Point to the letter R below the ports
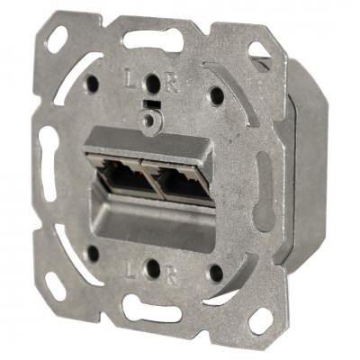pyautogui.click(x=172, y=272)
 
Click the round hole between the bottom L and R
pyautogui.click(x=152, y=268)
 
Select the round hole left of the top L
pyautogui.click(x=92, y=83)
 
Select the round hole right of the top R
pyautogui.click(x=216, y=94)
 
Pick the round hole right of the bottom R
pyautogui.click(x=216, y=274)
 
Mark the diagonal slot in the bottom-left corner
pyautogui.click(x=54, y=287)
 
